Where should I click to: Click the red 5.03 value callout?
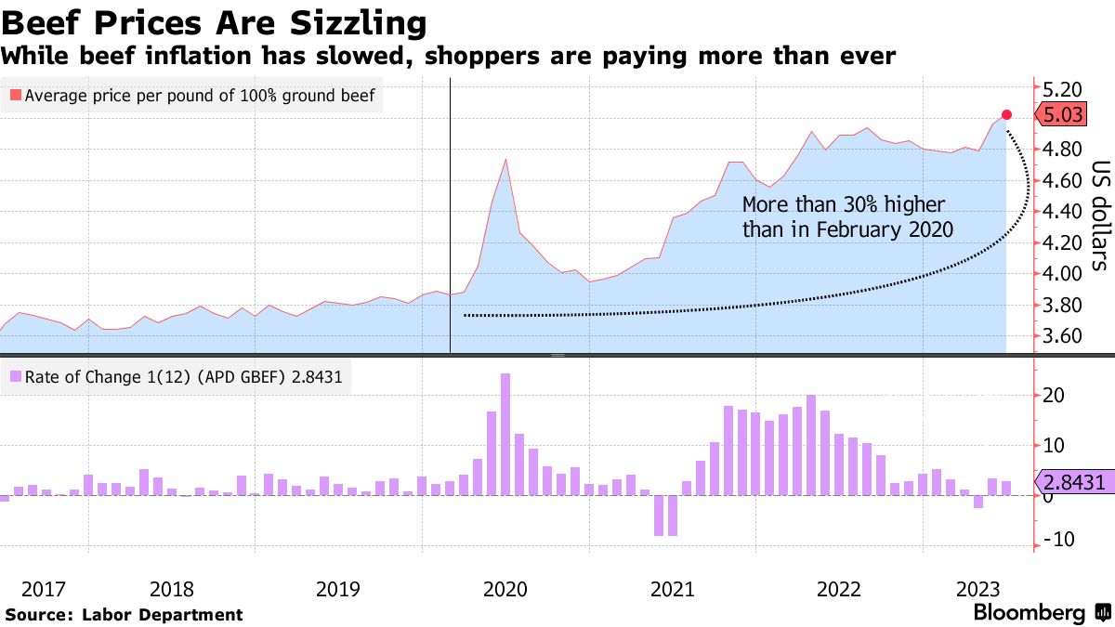click(x=1062, y=115)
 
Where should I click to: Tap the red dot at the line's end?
click(x=1006, y=114)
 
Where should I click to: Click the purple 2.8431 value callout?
click(x=1073, y=482)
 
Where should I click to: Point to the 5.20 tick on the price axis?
click(x=1064, y=90)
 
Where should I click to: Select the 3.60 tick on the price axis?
click(x=1064, y=336)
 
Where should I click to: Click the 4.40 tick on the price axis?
click(x=1064, y=212)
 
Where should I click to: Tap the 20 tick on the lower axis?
click(x=1054, y=395)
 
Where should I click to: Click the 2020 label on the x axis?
click(x=505, y=589)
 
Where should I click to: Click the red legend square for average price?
click(x=15, y=95)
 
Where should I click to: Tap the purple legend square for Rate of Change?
click(x=15, y=377)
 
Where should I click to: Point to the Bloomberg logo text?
click(x=1029, y=613)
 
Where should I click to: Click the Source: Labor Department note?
click(x=124, y=614)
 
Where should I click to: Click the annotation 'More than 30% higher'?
click(x=843, y=204)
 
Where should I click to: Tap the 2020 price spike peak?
click(x=505, y=160)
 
